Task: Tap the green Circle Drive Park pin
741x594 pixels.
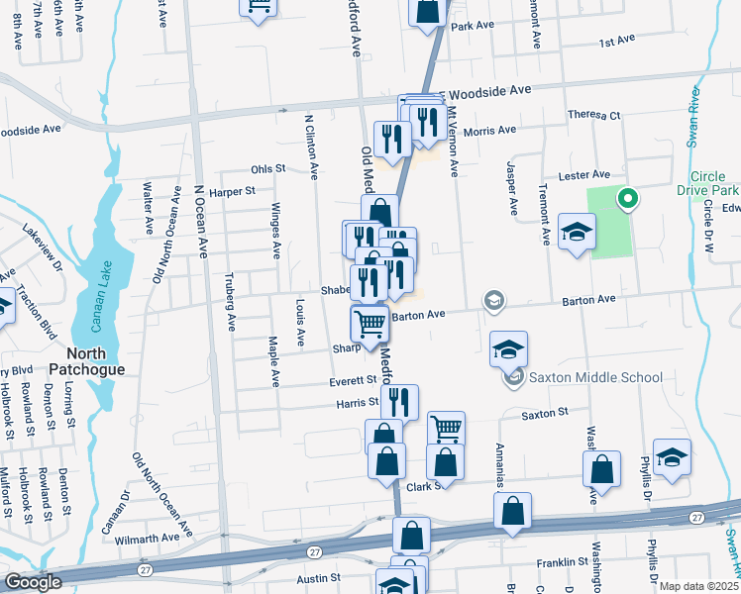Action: coord(626,199)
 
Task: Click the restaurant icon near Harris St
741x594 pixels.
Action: coord(399,402)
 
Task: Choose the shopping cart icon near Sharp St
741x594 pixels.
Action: coord(370,324)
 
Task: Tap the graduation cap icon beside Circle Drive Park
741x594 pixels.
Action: coord(576,233)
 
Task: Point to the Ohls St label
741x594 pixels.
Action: coord(267,169)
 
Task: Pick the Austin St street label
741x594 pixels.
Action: coord(319,577)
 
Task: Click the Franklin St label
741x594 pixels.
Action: coord(535,562)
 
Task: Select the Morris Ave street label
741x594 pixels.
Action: coord(490,130)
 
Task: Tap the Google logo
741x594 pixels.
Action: coord(33,582)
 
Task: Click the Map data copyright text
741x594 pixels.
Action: coord(698,586)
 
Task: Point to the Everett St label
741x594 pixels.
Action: coord(355,380)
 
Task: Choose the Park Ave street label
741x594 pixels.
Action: coord(472,26)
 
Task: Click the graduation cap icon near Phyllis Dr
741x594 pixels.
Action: coord(672,457)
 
